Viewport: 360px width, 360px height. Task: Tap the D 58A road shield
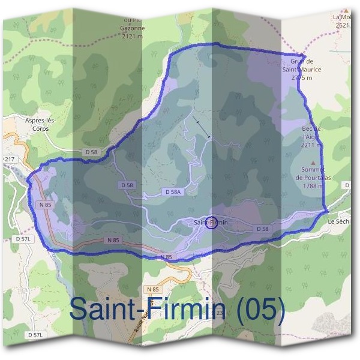[x=172, y=191]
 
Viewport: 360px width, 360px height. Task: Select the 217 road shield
[x=9, y=159]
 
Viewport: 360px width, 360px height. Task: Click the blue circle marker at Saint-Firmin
[x=211, y=223]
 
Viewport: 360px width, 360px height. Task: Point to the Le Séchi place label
[x=339, y=221]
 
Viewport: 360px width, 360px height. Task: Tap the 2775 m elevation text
[x=302, y=78]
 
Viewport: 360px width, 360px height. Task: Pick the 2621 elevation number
[x=343, y=25]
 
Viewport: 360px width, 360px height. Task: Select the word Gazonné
[x=132, y=28]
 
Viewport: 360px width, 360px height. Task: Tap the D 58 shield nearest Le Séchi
[x=262, y=229]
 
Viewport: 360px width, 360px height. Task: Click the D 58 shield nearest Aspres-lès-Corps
[x=91, y=152]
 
